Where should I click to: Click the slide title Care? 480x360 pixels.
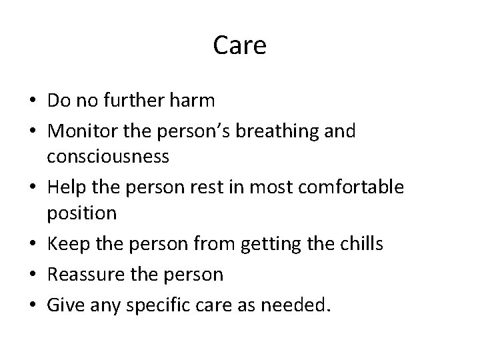point(240,45)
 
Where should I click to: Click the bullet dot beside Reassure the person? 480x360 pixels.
point(32,274)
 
